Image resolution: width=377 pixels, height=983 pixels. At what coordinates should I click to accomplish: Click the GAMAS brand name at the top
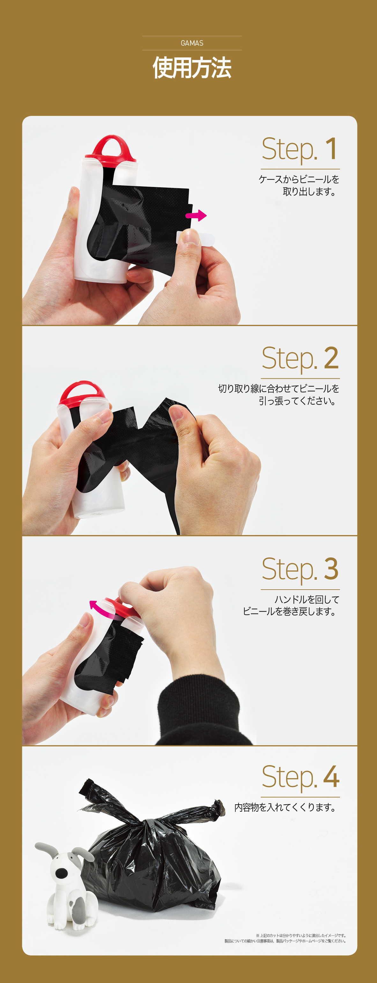pyautogui.click(x=192, y=43)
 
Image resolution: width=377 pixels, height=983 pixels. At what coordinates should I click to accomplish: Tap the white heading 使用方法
pyautogui.click(x=192, y=68)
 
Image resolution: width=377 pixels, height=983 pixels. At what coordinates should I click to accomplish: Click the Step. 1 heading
pyautogui.click(x=299, y=149)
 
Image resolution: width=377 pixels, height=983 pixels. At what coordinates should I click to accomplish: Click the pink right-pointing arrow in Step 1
pyautogui.click(x=196, y=216)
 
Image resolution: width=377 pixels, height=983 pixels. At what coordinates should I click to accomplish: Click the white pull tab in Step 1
pyautogui.click(x=196, y=239)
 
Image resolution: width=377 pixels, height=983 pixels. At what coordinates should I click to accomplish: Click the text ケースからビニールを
pyautogui.click(x=299, y=179)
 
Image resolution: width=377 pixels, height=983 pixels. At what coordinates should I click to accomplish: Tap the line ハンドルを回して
pyautogui.click(x=307, y=599)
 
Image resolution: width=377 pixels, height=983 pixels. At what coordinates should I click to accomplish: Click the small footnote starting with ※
pyautogui.click(x=285, y=938)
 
